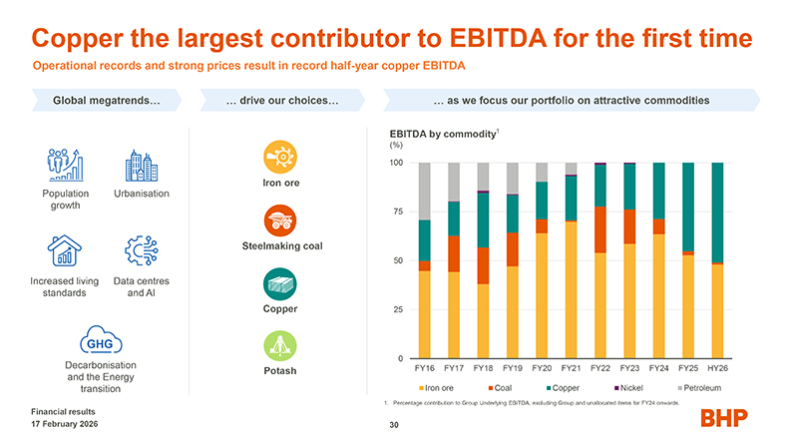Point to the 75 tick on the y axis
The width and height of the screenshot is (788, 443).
tap(396, 212)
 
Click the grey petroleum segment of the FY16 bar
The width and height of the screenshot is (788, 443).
tap(424, 191)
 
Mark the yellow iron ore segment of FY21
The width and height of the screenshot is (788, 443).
tap(571, 289)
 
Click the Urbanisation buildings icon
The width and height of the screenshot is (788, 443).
tap(142, 166)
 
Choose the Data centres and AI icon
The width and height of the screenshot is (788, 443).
tap(142, 251)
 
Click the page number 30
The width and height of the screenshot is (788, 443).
tap(394, 424)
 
